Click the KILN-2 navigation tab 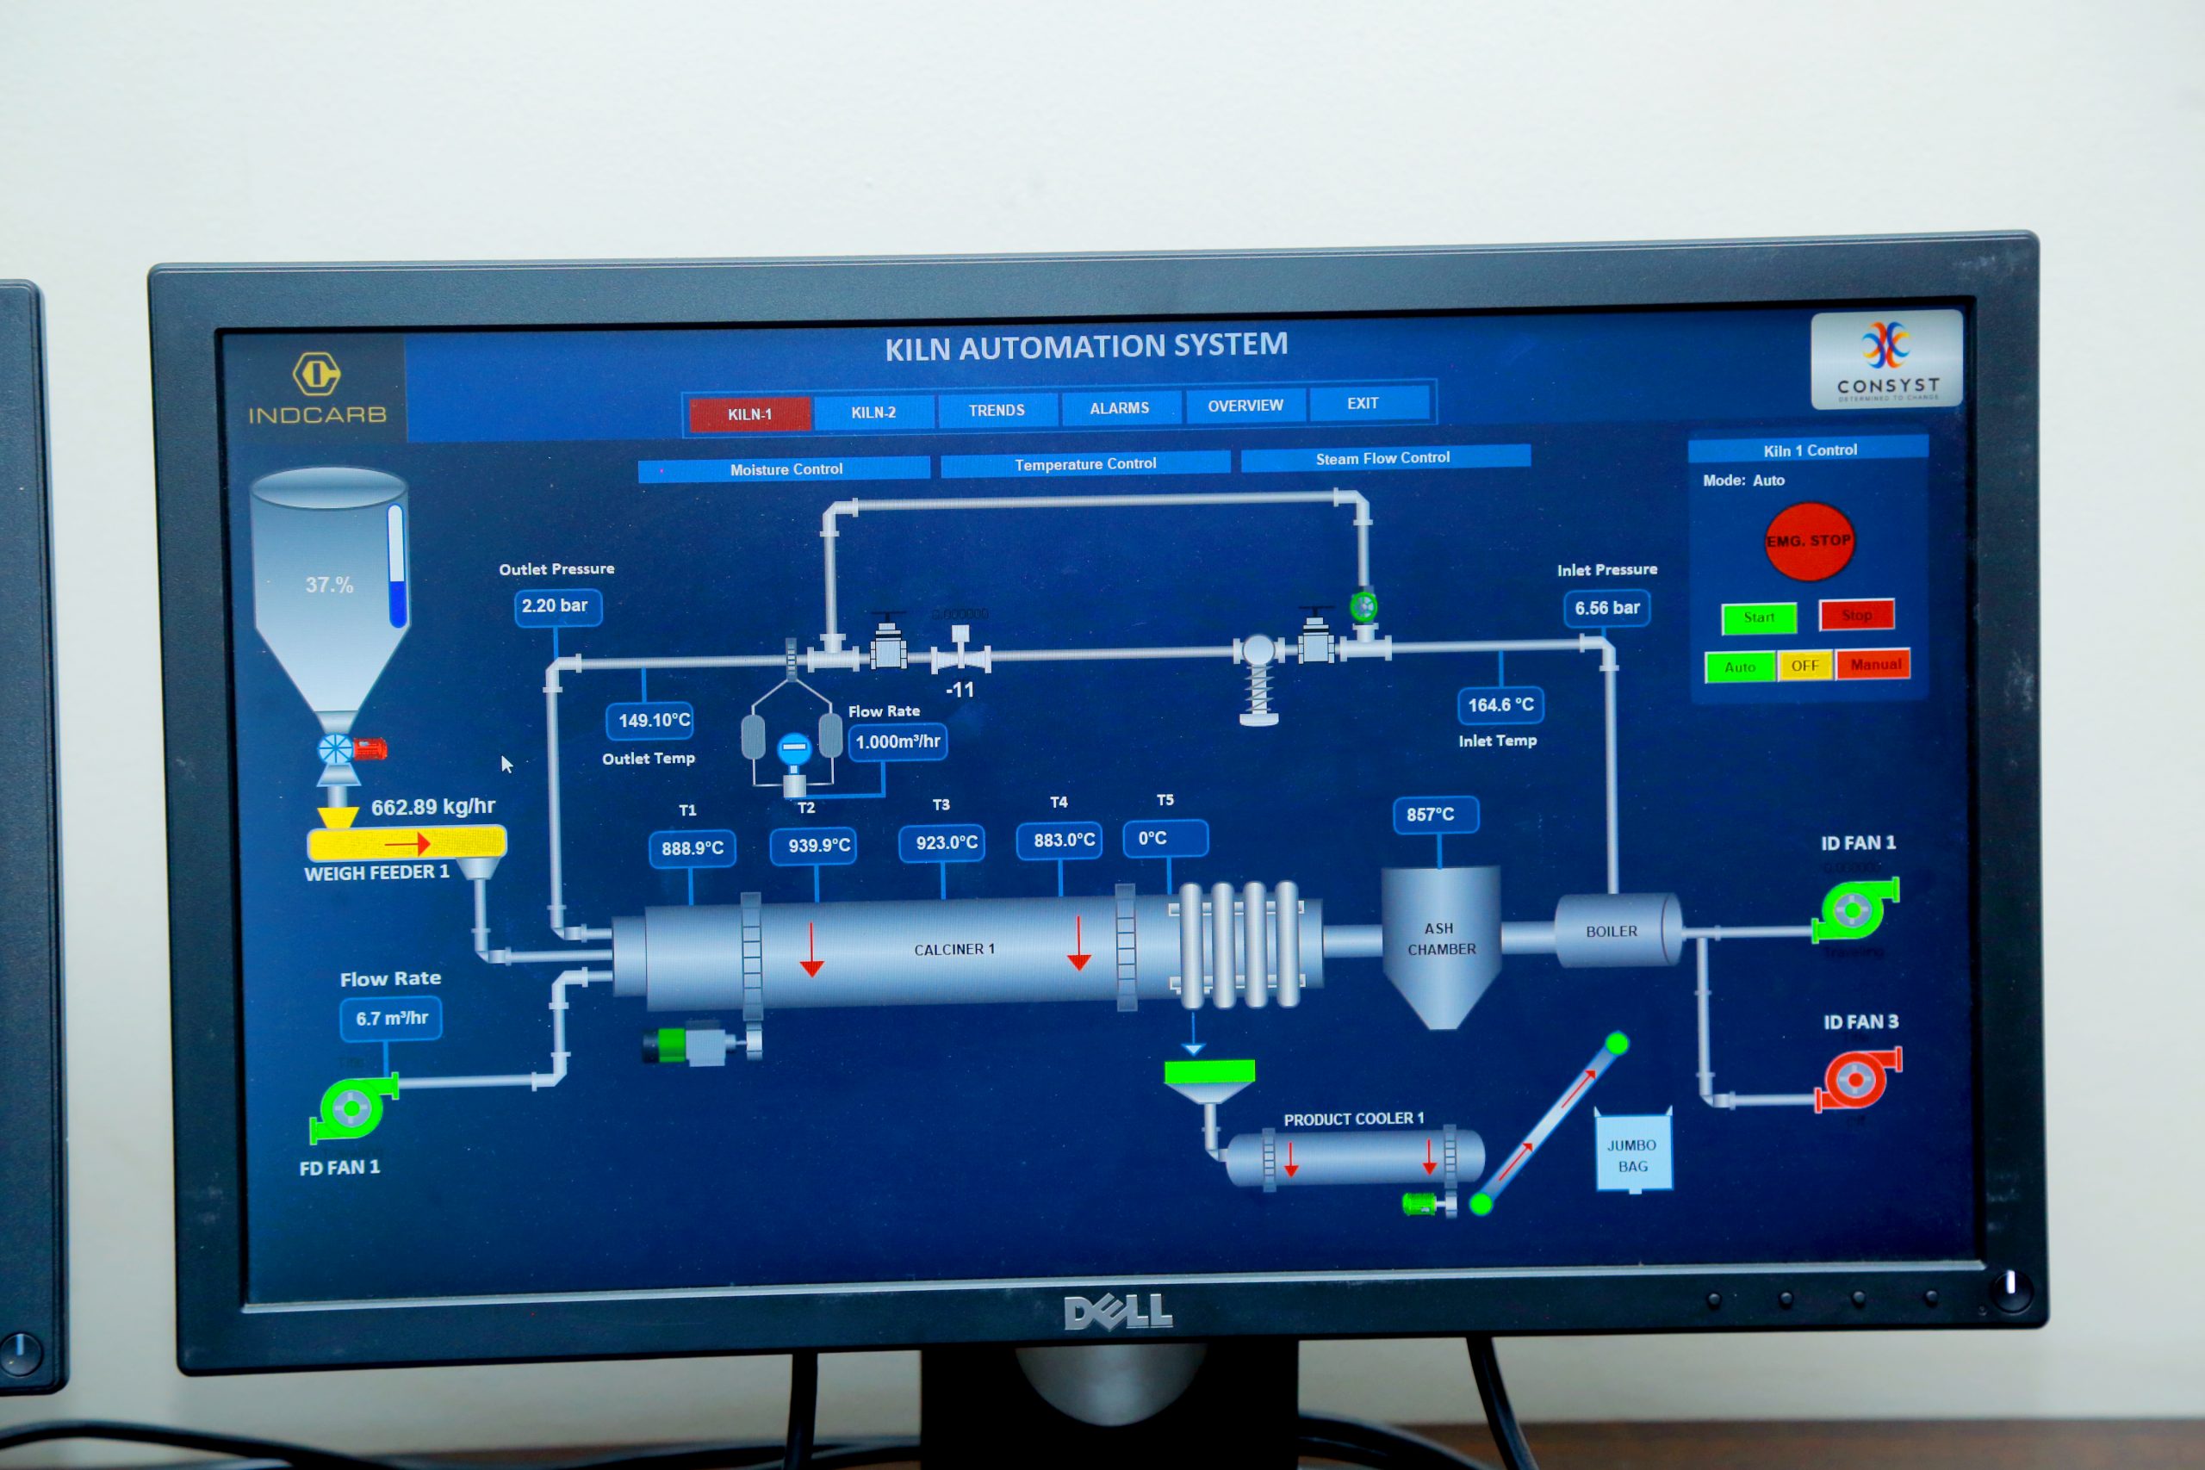(x=873, y=412)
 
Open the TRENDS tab (x=997, y=411)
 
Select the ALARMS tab (x=1120, y=408)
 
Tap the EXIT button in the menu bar (x=1363, y=403)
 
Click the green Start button (x=1759, y=617)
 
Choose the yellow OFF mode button (x=1804, y=666)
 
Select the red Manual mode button (x=1875, y=664)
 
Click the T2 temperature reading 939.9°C (x=818, y=846)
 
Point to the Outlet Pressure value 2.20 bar (x=556, y=605)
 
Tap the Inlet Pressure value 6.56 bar (x=1607, y=607)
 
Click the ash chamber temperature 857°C (x=1431, y=814)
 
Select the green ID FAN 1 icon (x=1854, y=909)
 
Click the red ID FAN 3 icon (x=1857, y=1079)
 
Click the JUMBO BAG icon (x=1632, y=1154)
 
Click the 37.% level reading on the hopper (x=329, y=585)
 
